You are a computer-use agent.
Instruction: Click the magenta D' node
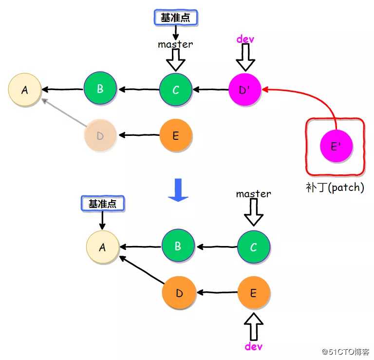[x=245, y=89]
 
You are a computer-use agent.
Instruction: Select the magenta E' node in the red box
[x=336, y=146]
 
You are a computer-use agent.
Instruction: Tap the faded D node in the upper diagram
[x=100, y=135]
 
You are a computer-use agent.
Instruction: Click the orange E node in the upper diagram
[x=176, y=135]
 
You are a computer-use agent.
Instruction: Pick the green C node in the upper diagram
[x=176, y=90]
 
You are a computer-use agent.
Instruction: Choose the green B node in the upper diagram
[x=100, y=89]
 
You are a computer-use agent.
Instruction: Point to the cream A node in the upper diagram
[x=24, y=90]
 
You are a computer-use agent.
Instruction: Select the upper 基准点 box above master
[x=176, y=17]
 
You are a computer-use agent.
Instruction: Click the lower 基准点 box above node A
[x=102, y=204]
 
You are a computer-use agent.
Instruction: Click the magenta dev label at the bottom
[x=253, y=346]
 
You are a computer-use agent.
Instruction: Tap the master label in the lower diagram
[x=253, y=193]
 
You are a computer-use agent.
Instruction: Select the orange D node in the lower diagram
[x=179, y=293]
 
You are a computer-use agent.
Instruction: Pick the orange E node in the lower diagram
[x=254, y=293]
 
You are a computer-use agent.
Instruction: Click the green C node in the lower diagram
[x=254, y=247]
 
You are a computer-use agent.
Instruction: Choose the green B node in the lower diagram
[x=178, y=246]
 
